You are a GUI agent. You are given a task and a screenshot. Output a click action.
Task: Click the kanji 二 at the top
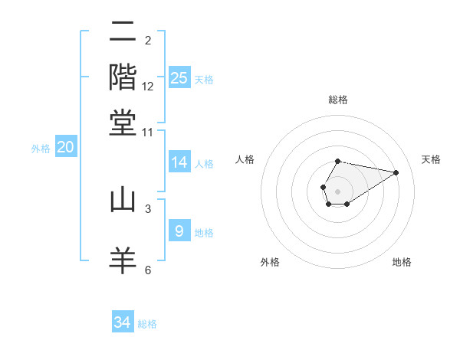click(123, 33)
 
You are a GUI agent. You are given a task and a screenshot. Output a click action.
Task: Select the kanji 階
click(123, 77)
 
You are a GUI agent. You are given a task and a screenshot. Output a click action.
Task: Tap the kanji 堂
click(123, 123)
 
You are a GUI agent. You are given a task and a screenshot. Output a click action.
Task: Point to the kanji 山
click(123, 200)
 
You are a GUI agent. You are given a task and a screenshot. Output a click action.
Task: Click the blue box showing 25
click(179, 77)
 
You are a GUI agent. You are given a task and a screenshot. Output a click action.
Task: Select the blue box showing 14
click(179, 162)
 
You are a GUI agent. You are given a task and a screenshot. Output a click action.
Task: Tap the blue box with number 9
click(179, 231)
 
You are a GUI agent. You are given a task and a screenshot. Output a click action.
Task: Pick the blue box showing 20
click(65, 147)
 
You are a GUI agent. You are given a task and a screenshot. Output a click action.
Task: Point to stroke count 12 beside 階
click(148, 87)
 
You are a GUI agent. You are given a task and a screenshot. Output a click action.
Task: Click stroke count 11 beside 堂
click(148, 132)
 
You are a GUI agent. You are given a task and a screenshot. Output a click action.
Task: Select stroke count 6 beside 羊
click(148, 270)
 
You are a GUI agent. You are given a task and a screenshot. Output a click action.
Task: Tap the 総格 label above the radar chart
click(338, 100)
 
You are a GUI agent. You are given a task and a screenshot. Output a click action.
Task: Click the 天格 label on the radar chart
click(431, 159)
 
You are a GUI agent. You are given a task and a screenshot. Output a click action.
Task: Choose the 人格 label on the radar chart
click(245, 159)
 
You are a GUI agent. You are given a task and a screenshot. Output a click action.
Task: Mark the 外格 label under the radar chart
click(270, 263)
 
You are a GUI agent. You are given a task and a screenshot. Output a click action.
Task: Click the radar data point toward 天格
click(396, 172)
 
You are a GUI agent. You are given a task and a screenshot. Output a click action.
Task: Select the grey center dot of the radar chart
click(337, 190)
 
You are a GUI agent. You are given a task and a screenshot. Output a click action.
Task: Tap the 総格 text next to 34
click(147, 324)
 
